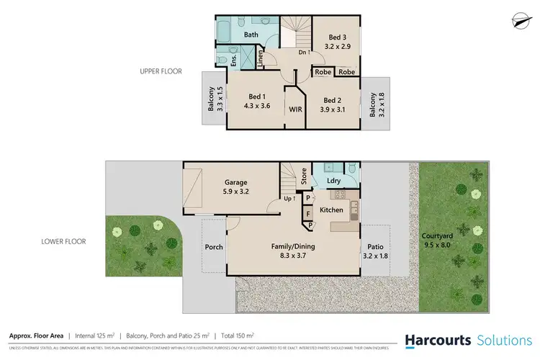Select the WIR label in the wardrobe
tap(295, 109)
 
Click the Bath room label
tap(251, 35)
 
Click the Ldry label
tap(333, 181)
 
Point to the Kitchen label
tap(332, 210)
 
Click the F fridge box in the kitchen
tap(308, 213)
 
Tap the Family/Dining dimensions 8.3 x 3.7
tap(292, 256)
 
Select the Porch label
tap(215, 247)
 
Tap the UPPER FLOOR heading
tap(161, 71)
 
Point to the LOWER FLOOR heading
tap(65, 241)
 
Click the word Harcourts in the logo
tap(437, 340)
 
